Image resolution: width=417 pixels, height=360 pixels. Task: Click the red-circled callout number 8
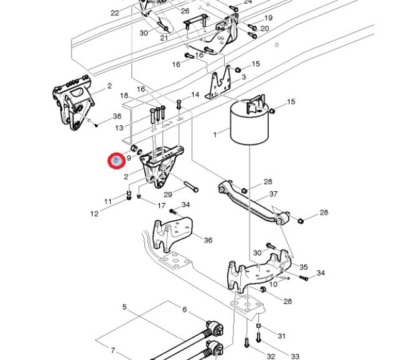click(x=116, y=160)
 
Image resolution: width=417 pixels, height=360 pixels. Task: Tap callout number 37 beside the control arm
click(x=273, y=194)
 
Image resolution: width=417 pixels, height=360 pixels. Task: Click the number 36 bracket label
click(x=208, y=240)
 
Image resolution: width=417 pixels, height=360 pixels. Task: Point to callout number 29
click(x=168, y=194)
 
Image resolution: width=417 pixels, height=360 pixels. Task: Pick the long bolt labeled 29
click(x=191, y=186)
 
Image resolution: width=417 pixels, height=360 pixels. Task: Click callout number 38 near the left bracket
click(x=117, y=116)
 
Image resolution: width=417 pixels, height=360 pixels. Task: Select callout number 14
click(x=195, y=95)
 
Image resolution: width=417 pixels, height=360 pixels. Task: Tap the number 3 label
click(x=243, y=77)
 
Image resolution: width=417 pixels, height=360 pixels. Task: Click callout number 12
click(x=95, y=214)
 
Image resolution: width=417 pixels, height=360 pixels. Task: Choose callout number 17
click(x=161, y=206)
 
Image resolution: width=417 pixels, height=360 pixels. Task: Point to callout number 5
click(x=124, y=307)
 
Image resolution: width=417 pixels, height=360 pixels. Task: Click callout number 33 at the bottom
click(x=295, y=356)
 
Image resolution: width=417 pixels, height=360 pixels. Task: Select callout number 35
click(x=304, y=267)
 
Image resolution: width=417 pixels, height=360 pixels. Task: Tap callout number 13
click(x=119, y=128)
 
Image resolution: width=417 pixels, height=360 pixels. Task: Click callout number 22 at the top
click(x=115, y=13)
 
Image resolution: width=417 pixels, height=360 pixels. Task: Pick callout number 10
click(x=273, y=285)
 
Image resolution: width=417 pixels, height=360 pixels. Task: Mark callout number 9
click(x=129, y=158)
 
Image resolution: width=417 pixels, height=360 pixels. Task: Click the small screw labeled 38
click(x=96, y=125)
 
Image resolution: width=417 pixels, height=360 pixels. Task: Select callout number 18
click(x=124, y=95)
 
